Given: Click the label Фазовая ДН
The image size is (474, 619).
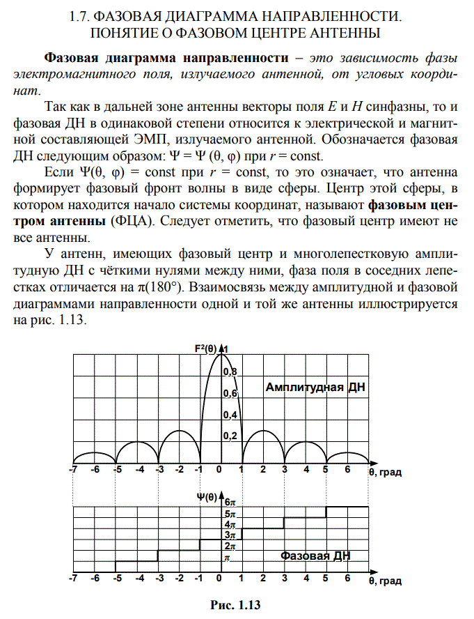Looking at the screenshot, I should (315, 556).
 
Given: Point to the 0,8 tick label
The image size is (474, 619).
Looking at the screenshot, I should (230, 372).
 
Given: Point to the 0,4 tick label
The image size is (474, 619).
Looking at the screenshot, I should (230, 415).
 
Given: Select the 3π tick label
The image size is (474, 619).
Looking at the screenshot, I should (230, 535).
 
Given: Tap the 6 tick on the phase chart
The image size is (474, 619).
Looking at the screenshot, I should (347, 579).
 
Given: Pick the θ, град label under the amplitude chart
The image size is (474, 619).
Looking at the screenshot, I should (385, 472).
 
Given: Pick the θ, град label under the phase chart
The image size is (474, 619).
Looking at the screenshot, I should (385, 580).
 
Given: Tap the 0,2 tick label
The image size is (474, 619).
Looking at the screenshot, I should (230, 436).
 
